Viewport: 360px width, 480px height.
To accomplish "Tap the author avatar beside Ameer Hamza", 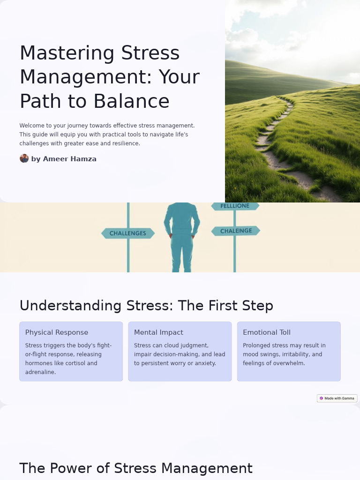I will (24, 158).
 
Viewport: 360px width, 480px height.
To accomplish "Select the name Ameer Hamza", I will (69, 159).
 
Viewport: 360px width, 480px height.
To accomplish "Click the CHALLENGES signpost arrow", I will (128, 233).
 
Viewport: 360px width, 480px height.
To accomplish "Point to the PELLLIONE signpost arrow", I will (235, 206).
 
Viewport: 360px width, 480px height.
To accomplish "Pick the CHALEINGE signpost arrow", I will (236, 231).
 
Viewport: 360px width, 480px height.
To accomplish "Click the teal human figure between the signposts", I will (182, 234).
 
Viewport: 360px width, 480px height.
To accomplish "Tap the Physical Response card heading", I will (57, 332).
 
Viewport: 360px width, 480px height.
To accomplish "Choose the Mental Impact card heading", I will (158, 332).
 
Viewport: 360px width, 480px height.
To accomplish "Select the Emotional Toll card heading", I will (267, 332).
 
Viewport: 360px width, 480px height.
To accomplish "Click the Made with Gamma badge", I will (337, 398).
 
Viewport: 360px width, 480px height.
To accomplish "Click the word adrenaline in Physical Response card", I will (40, 372).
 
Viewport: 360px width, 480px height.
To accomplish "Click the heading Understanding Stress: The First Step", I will (146, 306).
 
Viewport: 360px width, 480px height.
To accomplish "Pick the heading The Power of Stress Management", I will (136, 468).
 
